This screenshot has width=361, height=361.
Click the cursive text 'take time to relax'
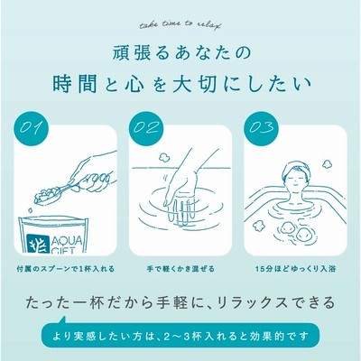[180, 25]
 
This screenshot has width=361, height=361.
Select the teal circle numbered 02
[145, 128]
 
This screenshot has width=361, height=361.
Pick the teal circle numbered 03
[261, 128]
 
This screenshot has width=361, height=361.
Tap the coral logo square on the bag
[38, 244]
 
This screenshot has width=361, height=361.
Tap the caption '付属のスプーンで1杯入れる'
[66, 269]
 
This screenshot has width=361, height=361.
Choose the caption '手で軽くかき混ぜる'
[180, 269]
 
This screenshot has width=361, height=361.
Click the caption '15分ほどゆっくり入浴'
[296, 269]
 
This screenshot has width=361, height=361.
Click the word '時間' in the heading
[75, 84]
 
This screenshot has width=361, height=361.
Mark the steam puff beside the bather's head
[327, 164]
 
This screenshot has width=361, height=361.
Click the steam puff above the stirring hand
[164, 156]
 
